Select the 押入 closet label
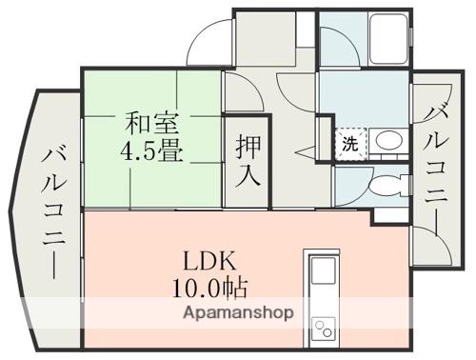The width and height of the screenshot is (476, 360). point(248,159)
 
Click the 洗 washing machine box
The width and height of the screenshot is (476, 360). point(350,145)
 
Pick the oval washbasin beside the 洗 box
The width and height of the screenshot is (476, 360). point(387,143)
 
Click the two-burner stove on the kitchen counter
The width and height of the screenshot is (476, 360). point(322,329)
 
